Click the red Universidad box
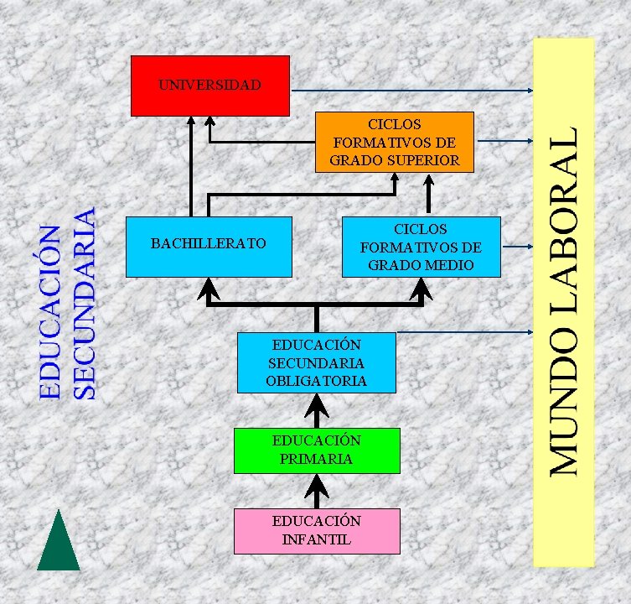(x=209, y=86)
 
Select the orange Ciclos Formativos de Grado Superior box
(x=395, y=142)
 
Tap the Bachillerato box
(x=209, y=246)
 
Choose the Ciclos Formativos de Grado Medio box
(x=421, y=247)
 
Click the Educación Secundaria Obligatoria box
(x=316, y=362)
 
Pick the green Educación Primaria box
(x=317, y=450)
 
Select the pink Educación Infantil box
(x=316, y=530)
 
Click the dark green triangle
(x=59, y=543)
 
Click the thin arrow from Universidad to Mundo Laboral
(x=411, y=90)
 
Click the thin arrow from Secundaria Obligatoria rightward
(x=465, y=333)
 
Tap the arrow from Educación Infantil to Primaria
(x=317, y=490)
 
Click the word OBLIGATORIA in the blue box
(x=316, y=381)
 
